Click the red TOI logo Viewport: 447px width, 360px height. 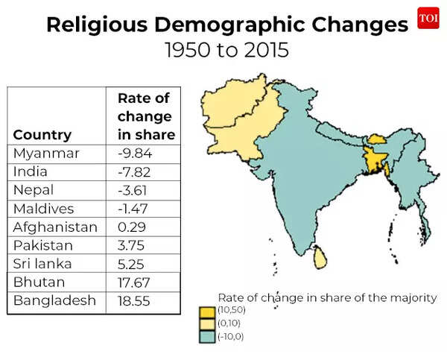[428, 18]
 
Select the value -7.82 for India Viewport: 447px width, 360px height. [135, 172]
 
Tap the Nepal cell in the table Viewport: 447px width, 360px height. [33, 191]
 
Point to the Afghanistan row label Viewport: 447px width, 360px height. [55, 227]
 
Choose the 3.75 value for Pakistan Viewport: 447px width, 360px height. [132, 245]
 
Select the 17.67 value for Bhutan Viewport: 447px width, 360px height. [135, 282]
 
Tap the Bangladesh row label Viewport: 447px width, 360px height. [54, 300]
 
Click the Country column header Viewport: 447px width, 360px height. [42, 135]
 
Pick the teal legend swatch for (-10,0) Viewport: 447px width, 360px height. [206, 337]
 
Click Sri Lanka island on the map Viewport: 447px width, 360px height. [320, 257]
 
